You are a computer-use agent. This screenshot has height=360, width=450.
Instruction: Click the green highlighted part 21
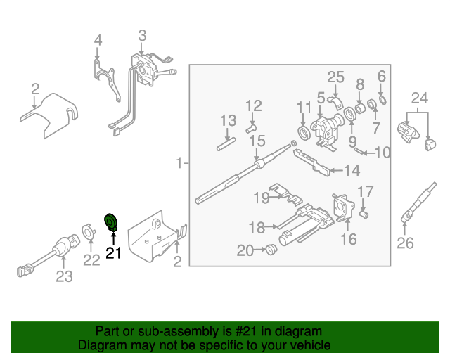(111, 222)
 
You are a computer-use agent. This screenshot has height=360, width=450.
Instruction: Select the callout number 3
(142, 35)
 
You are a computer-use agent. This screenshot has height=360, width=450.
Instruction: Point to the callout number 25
(335, 77)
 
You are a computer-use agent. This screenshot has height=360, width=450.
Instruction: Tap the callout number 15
(257, 141)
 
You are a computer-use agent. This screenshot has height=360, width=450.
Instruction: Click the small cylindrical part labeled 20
(269, 249)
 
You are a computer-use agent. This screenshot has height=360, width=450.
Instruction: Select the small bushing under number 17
(364, 214)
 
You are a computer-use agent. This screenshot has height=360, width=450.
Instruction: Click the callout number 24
(419, 97)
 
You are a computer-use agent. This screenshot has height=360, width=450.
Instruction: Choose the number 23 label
(64, 276)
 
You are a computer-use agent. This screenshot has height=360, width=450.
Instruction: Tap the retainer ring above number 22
(89, 231)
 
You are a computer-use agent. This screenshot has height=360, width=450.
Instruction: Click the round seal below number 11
(304, 133)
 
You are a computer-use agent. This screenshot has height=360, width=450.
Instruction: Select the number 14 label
(351, 169)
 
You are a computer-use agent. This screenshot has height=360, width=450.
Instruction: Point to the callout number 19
(262, 198)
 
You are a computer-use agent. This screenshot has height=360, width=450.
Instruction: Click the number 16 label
(349, 240)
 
